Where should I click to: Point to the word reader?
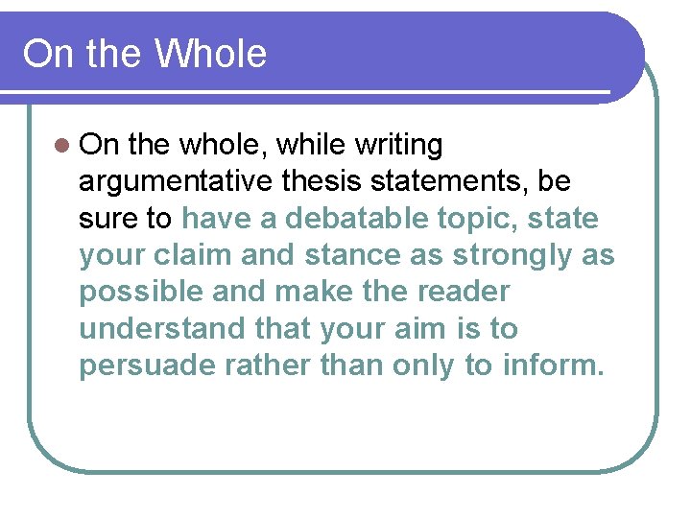[x=464, y=292]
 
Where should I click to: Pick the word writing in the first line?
[x=398, y=146]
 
